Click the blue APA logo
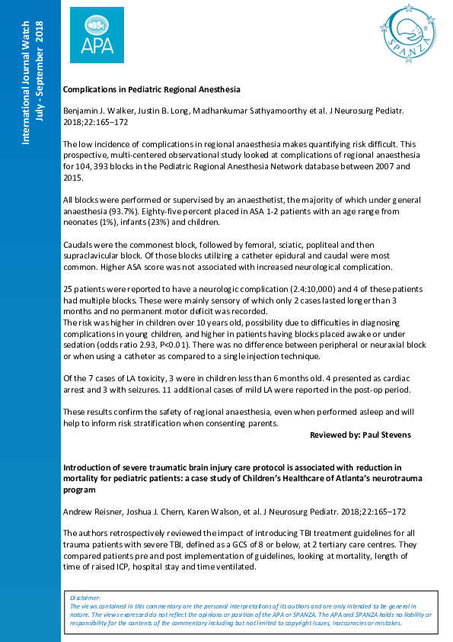97,36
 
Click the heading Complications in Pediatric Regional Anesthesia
151,89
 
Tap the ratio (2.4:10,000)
305,291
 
